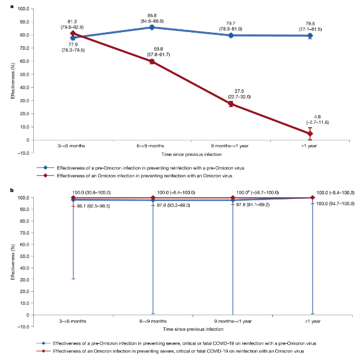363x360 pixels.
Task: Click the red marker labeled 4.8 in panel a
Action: pos(310,134)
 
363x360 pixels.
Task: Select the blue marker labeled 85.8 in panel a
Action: pos(152,27)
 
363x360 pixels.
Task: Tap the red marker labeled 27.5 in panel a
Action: pos(231,104)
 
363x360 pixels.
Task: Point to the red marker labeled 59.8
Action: pos(152,61)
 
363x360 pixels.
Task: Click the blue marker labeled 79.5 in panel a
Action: pos(310,36)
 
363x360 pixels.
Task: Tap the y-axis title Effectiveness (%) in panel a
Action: pos(11,75)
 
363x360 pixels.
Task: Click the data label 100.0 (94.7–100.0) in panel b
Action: pos(337,204)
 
